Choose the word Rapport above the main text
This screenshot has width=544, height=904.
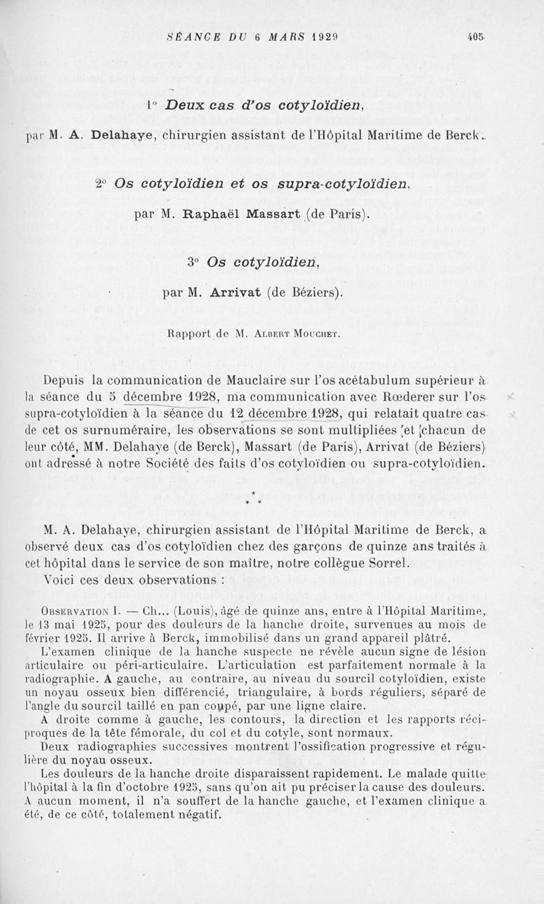[188, 333]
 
